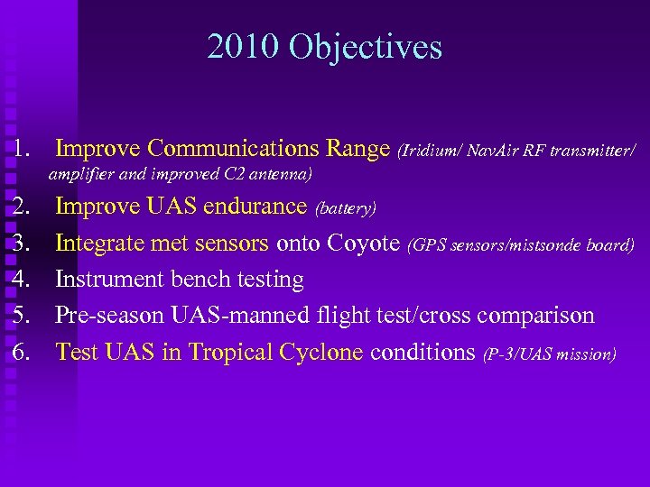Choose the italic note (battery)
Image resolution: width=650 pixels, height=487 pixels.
click(x=345, y=209)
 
